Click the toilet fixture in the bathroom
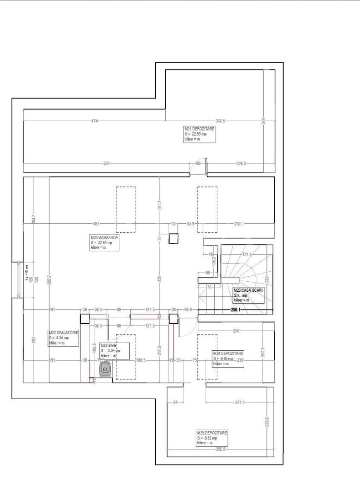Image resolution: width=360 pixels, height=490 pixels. [105, 369]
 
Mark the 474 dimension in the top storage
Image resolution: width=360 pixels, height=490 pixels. [94, 121]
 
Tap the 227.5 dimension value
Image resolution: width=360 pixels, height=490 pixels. [240, 402]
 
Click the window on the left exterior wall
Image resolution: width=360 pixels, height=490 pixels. [18, 280]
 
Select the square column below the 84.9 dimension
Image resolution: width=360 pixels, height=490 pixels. [173, 239]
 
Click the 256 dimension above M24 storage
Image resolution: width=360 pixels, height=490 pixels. [236, 331]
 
